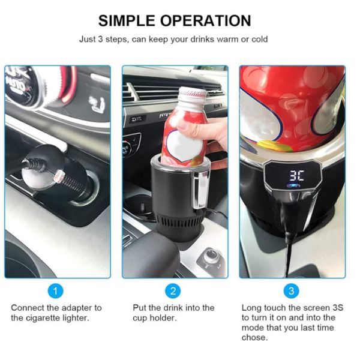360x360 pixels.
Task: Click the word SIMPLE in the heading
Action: coord(127,20)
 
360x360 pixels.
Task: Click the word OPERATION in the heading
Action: coord(205,20)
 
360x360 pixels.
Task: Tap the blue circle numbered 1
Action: coord(55,291)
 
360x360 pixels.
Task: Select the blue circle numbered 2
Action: coord(173,291)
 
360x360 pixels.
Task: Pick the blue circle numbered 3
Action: coord(292,291)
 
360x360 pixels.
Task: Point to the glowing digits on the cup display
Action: coord(296,176)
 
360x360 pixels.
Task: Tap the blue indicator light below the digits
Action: coord(294,185)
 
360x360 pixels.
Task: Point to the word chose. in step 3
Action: coord(254,337)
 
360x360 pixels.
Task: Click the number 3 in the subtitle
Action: coord(100,39)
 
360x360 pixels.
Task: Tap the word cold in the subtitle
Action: coord(259,39)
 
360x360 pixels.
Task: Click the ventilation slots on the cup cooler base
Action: coord(179,222)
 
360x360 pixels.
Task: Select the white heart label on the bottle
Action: coord(185,145)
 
